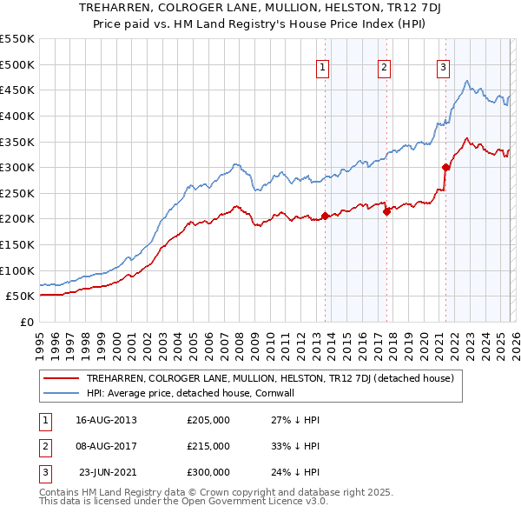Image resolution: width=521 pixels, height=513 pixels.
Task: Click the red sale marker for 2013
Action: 326,216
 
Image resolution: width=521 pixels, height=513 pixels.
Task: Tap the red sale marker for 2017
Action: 386,211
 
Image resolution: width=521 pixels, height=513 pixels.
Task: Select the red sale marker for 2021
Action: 446,167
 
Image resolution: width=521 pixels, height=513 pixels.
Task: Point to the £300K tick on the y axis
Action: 17,167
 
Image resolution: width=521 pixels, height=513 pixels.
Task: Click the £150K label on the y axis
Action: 17,244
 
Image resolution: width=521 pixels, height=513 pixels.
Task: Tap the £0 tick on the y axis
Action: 27,322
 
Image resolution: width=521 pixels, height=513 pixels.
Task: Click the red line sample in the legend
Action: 62,378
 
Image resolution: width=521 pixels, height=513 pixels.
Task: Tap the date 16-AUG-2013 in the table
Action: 106,420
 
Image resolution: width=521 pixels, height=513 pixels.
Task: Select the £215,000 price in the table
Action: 208,446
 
